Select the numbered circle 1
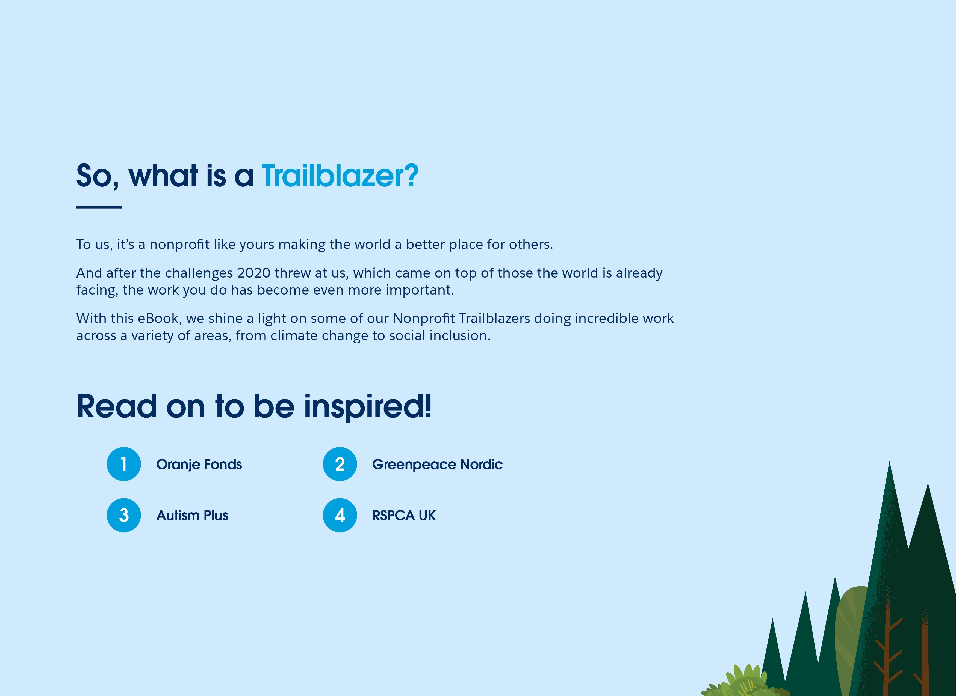123,464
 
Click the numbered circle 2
340,464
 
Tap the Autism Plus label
192,515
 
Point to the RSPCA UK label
404,515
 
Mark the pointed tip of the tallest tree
889,462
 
